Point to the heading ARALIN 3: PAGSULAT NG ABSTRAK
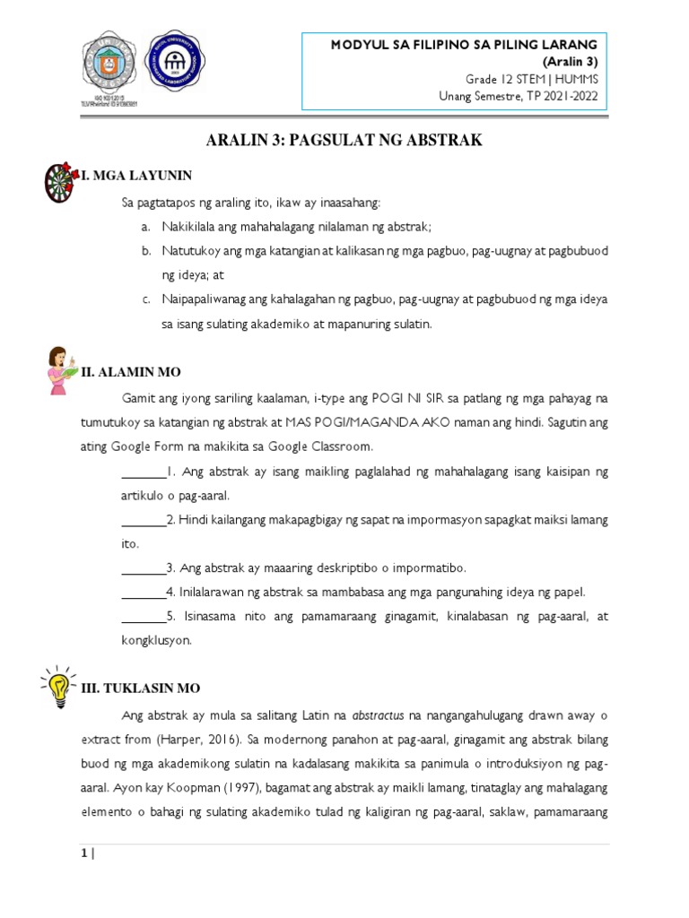click(x=344, y=140)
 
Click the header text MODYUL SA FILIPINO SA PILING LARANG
click(x=464, y=44)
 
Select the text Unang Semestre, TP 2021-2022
click(x=518, y=96)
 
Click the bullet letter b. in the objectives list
click(x=144, y=252)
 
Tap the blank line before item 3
click(x=144, y=568)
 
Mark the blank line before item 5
click(x=144, y=617)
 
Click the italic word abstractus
click(x=378, y=715)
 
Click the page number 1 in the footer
click(x=84, y=853)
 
